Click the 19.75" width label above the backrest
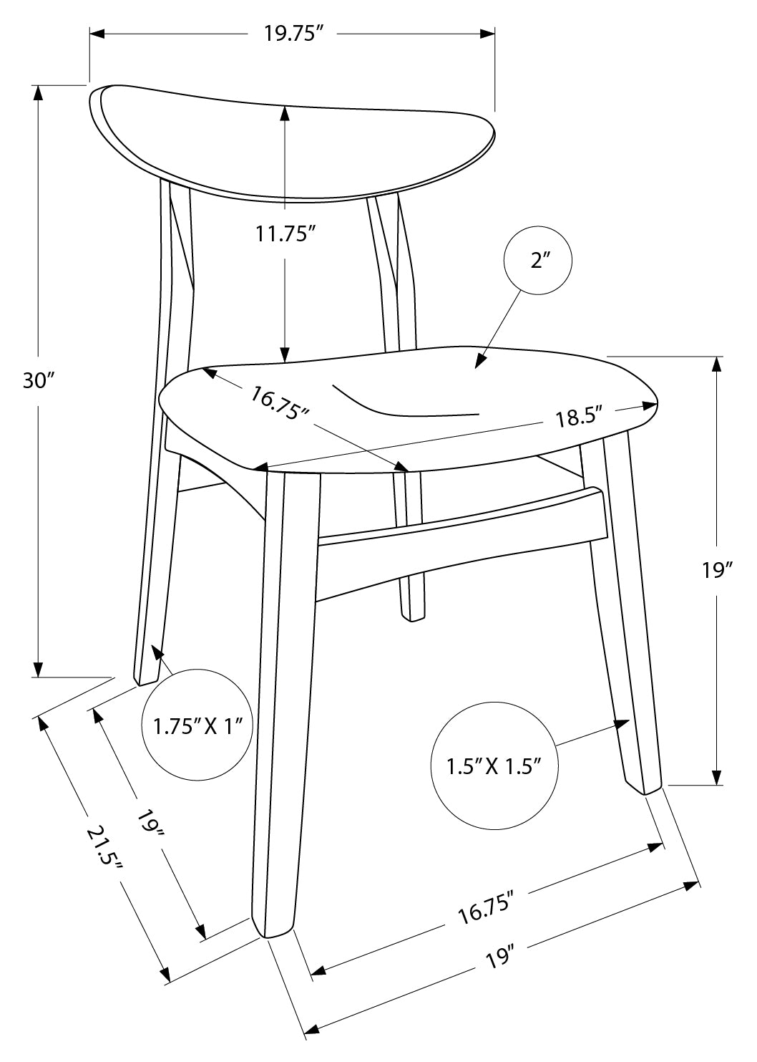(x=293, y=34)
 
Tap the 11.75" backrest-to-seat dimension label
(x=285, y=233)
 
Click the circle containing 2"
(x=537, y=260)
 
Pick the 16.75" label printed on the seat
(x=280, y=402)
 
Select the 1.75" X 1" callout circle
(x=197, y=725)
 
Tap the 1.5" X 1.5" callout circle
(x=494, y=766)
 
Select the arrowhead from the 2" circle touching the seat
(x=495, y=360)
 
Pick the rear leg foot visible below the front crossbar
(x=413, y=617)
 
